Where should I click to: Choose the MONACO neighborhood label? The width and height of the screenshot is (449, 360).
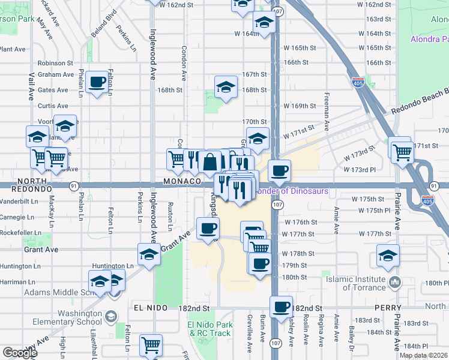point(181,181)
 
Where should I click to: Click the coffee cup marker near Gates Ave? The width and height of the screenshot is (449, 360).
point(97,82)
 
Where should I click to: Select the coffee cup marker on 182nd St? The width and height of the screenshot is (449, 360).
point(281,307)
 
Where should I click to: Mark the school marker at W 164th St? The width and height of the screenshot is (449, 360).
point(264,23)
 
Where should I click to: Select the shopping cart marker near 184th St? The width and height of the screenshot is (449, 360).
point(151,345)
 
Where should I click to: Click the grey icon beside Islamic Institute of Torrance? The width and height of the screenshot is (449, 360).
point(395,282)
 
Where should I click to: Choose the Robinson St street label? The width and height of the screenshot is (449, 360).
point(55,62)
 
